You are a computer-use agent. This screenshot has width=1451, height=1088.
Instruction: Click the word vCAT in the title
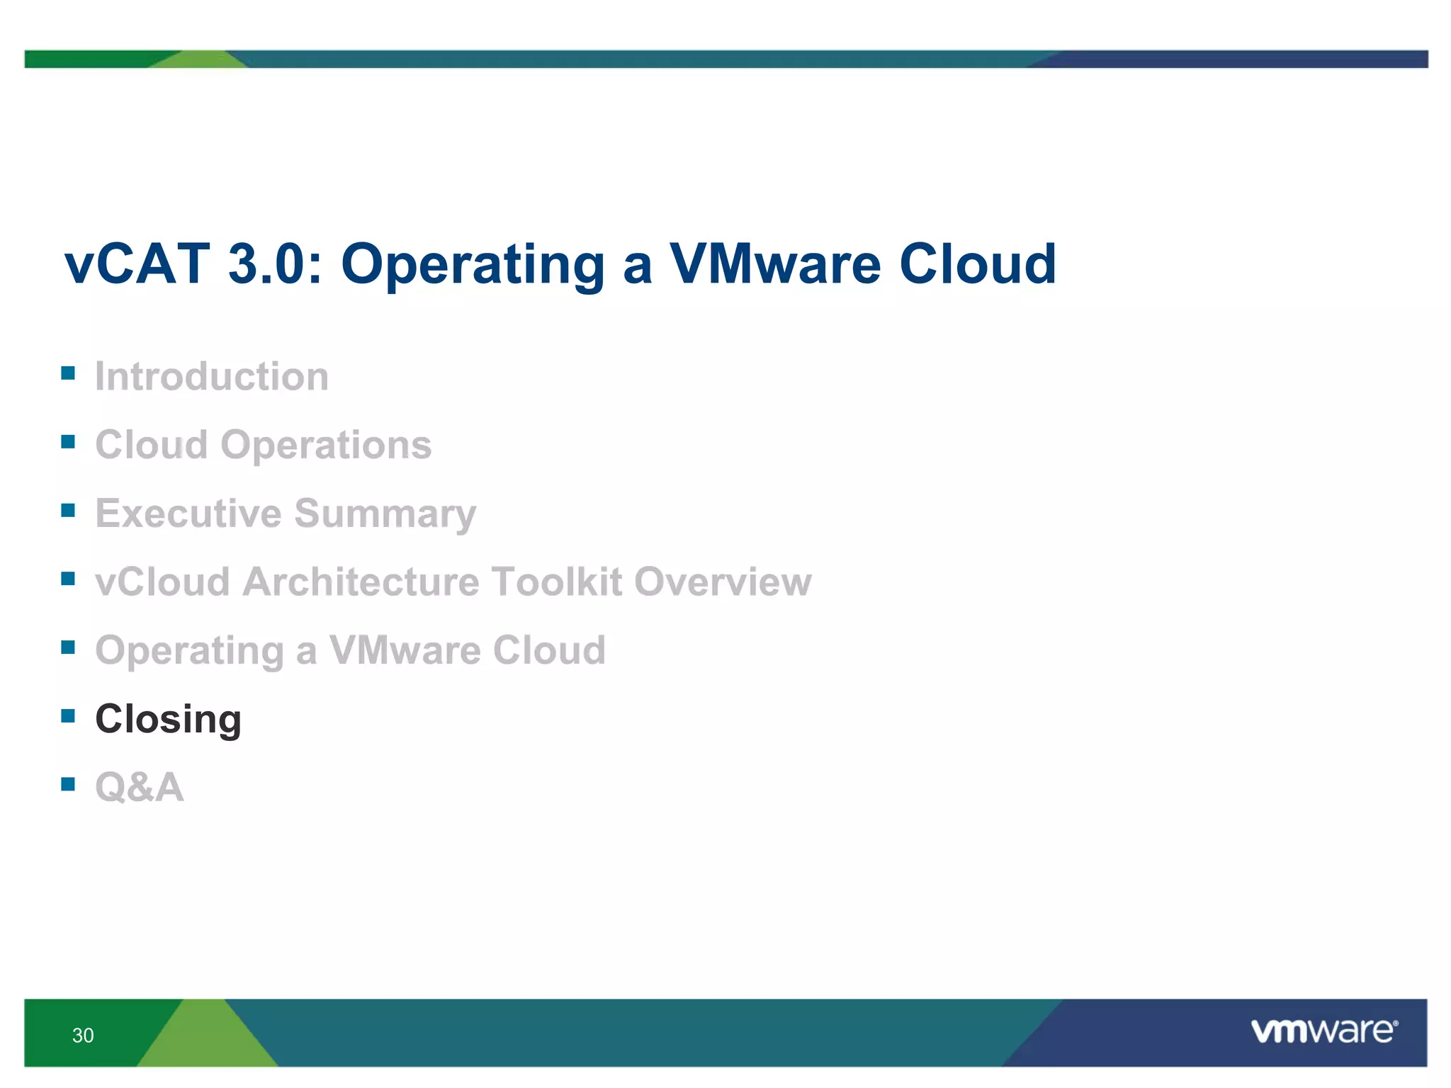(137, 264)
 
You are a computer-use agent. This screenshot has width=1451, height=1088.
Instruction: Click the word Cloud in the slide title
(977, 264)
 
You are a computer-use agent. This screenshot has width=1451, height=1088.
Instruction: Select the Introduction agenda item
(212, 376)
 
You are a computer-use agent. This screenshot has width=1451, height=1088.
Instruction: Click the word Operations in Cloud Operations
(326, 445)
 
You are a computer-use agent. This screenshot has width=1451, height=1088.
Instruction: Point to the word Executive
(188, 514)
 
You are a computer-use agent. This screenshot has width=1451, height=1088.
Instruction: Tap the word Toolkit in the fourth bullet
(556, 582)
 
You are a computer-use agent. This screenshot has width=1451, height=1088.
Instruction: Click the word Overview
(722, 582)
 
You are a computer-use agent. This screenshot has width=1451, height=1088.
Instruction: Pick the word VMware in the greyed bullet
(405, 650)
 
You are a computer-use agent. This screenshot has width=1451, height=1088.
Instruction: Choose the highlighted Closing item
(169, 719)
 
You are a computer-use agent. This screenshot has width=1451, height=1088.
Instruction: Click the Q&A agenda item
(140, 787)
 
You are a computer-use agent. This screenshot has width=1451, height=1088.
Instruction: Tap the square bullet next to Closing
(68, 715)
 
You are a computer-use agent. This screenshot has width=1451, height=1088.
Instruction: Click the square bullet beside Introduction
(68, 373)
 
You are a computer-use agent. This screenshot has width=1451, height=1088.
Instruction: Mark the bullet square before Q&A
(68, 783)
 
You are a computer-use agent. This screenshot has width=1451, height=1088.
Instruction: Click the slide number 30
(83, 1036)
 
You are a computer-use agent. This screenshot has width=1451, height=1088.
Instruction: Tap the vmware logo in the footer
(1323, 1031)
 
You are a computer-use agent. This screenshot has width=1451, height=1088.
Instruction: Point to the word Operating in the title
(473, 264)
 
